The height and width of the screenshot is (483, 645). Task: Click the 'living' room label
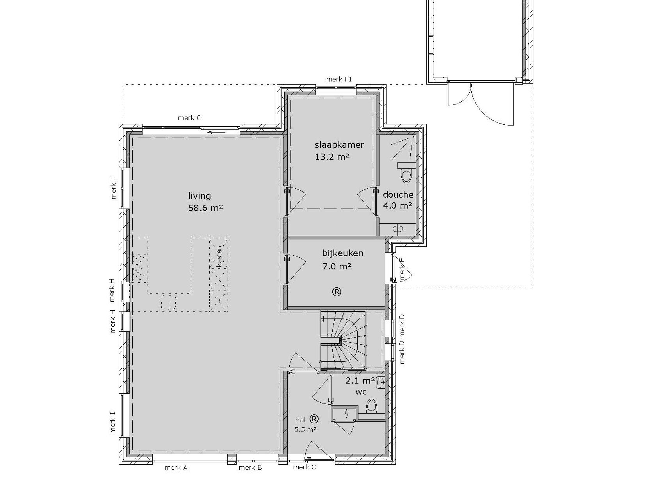pyautogui.click(x=200, y=196)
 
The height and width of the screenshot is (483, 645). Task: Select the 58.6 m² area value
pyautogui.click(x=206, y=208)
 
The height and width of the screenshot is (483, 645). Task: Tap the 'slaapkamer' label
pyautogui.click(x=339, y=145)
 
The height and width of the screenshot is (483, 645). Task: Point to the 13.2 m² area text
pyautogui.click(x=332, y=157)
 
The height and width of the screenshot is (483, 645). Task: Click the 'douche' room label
pyautogui.click(x=398, y=195)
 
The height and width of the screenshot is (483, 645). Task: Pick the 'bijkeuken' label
pyautogui.click(x=343, y=253)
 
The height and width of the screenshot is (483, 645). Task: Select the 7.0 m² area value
pyautogui.click(x=337, y=266)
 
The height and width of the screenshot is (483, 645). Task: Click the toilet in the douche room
pyautogui.click(x=406, y=173)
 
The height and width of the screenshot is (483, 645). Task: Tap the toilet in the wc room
pyautogui.click(x=371, y=406)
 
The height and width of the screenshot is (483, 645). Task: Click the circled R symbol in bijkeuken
pyautogui.click(x=337, y=292)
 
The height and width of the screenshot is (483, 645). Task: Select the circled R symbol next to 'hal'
pyautogui.click(x=314, y=419)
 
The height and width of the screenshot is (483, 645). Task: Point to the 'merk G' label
pyautogui.click(x=189, y=118)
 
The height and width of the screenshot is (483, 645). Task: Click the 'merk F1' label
pyautogui.click(x=339, y=79)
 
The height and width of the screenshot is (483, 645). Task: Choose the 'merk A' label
pyautogui.click(x=176, y=467)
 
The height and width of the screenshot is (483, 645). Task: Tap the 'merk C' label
pyautogui.click(x=305, y=467)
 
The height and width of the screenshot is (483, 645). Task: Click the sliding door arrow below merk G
pyautogui.click(x=216, y=132)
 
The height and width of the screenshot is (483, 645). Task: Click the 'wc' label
pyautogui.click(x=361, y=392)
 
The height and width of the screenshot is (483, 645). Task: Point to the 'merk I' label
pyautogui.click(x=112, y=423)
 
